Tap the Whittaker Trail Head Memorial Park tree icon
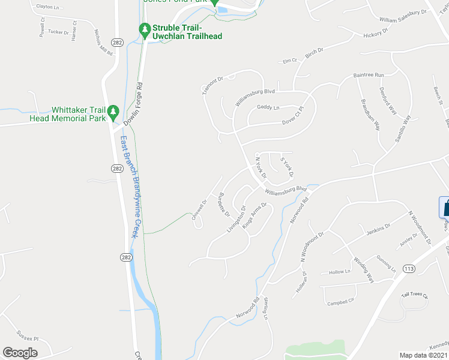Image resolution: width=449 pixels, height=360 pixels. (112, 112)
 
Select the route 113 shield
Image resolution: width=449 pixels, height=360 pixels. (409, 268)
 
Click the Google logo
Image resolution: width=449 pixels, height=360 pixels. (20, 353)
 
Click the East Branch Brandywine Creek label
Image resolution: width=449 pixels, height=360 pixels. (130, 186)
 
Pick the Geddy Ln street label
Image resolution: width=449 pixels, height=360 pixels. (268, 107)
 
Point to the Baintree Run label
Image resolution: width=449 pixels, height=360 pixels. (368, 75)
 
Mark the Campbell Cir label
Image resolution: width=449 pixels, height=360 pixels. (341, 303)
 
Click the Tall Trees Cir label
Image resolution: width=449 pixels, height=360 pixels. (415, 296)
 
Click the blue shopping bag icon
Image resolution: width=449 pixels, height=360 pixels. (445, 208)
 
